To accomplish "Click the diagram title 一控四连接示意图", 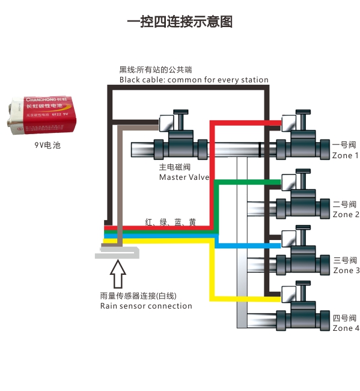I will [180, 22].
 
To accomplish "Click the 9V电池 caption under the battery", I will [47, 145].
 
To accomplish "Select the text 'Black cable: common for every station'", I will [194, 80].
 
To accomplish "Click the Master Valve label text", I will [184, 177].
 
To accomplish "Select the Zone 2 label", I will [346, 215].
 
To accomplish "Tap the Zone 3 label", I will [346, 271].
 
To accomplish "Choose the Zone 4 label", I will [346, 328].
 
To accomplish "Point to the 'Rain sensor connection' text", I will [146, 306].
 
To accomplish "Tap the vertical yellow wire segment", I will [212, 271].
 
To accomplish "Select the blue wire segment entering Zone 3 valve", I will [252, 245].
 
